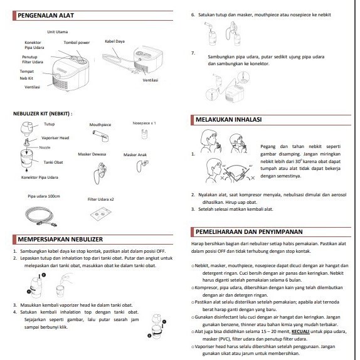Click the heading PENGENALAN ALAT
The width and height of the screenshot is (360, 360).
[46, 16]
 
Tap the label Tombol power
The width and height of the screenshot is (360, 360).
[77, 43]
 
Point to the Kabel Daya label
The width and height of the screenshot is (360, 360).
[115, 41]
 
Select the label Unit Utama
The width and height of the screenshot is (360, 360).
[58, 32]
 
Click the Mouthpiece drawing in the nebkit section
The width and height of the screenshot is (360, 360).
[101, 135]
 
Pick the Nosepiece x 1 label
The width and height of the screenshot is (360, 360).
[144, 123]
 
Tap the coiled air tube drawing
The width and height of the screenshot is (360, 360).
[41, 216]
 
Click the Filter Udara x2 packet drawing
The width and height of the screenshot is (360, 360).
[100, 214]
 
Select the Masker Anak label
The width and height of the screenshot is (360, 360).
[135, 155]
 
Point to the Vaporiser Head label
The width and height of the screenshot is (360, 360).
[55, 138]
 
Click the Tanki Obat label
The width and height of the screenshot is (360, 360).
[53, 162]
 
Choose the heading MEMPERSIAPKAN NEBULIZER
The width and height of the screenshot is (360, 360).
[60, 239]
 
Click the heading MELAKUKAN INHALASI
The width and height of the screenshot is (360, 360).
[228, 119]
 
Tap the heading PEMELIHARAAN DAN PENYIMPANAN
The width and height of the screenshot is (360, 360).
[249, 231]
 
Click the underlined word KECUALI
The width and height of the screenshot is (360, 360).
[300, 332]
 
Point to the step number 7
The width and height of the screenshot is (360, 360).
[193, 53]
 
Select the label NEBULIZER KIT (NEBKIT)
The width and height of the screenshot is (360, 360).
[43, 114]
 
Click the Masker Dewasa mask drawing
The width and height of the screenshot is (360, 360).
[100, 172]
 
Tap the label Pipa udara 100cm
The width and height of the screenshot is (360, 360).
[44, 196]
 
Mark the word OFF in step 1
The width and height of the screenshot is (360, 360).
[161, 251]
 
